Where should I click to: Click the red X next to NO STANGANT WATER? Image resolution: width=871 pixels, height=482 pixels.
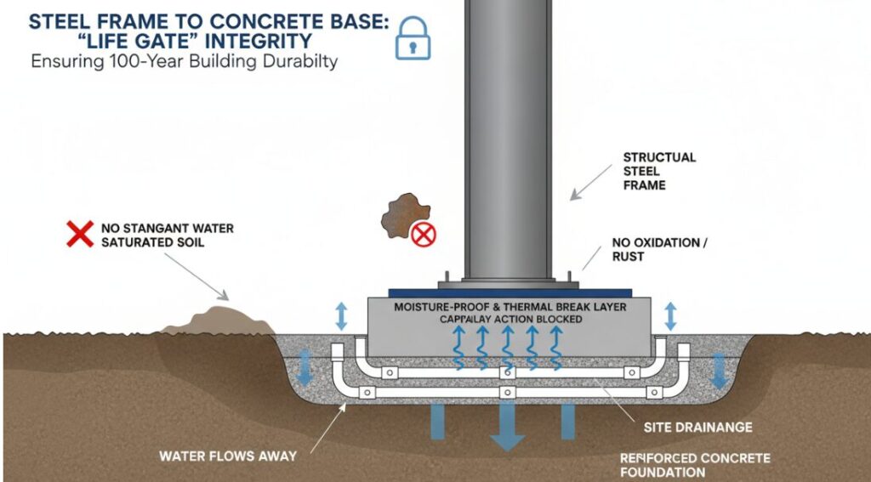click(x=80, y=234)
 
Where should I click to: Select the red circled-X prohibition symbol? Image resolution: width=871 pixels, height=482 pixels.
click(x=423, y=235)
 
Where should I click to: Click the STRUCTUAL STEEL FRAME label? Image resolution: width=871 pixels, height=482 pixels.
click(x=659, y=170)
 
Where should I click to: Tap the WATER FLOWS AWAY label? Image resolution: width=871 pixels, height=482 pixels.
click(x=228, y=456)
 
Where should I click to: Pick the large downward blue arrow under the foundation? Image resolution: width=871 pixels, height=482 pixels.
click(x=507, y=425)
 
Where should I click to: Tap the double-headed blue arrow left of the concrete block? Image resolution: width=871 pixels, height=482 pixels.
click(x=341, y=315)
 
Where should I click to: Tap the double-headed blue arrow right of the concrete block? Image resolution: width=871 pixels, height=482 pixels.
click(x=669, y=315)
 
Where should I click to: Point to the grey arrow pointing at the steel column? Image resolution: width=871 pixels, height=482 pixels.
click(x=586, y=187)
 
